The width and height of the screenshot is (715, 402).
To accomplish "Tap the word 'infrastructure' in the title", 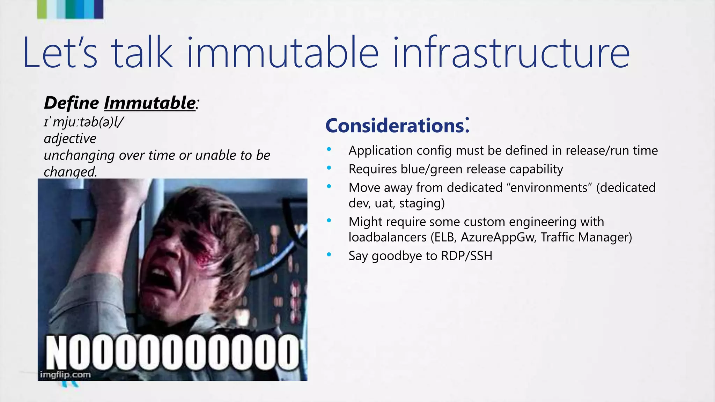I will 511,53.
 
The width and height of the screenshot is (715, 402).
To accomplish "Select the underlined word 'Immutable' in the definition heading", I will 149,103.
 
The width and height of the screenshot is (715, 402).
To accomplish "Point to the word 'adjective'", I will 70,139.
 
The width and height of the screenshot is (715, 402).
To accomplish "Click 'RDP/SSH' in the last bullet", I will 466,256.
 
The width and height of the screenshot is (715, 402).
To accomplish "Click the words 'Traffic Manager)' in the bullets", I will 586,237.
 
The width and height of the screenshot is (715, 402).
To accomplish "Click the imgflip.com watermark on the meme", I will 65,375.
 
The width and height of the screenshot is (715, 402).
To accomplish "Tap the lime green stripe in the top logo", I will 42,9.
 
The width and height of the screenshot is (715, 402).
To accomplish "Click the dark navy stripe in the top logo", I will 99,9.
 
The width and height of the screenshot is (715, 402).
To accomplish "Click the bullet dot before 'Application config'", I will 329,149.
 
